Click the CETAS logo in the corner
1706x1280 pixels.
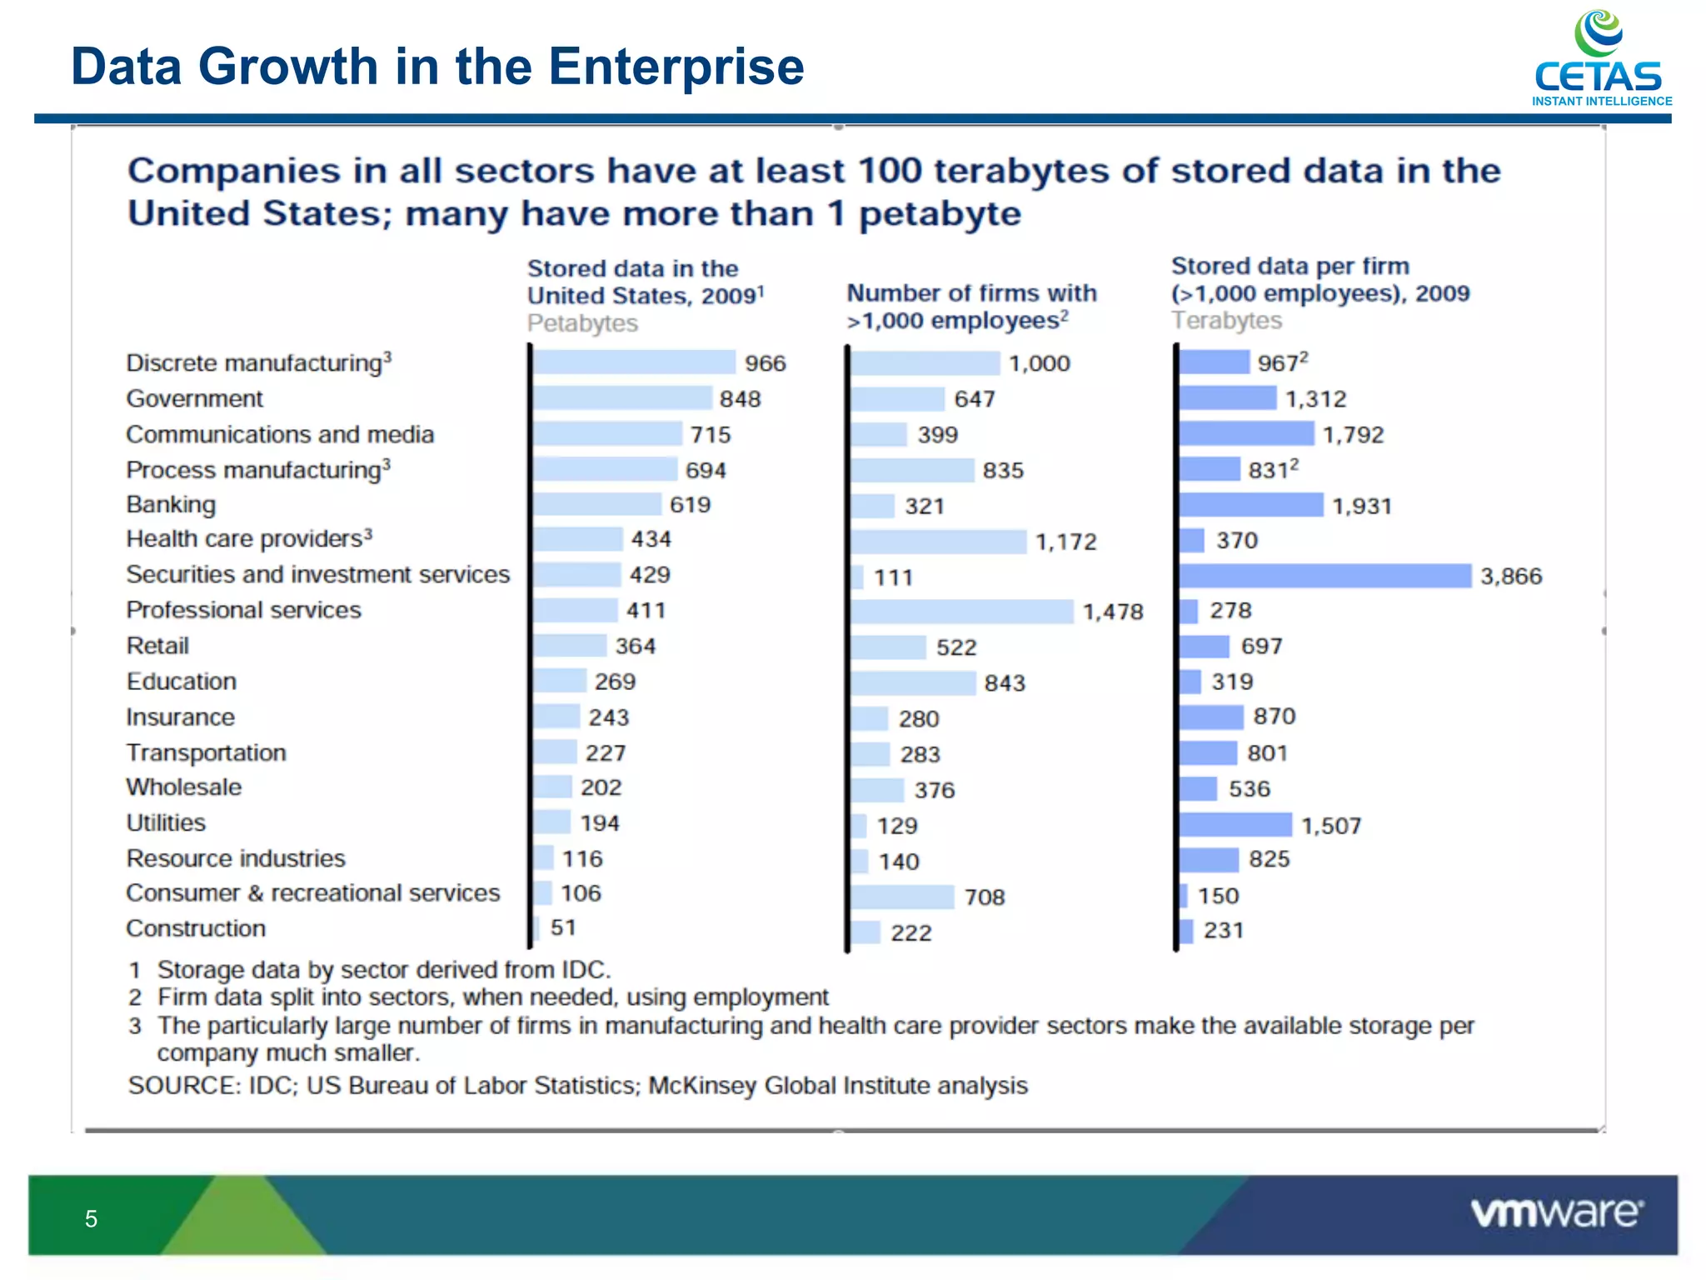pos(1600,58)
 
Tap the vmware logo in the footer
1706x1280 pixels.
pos(1556,1213)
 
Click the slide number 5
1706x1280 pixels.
pos(91,1219)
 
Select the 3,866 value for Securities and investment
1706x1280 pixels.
pos(1510,577)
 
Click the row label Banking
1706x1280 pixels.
pos(171,505)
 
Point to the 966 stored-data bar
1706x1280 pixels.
pos(635,362)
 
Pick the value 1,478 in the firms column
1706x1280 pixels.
pos(1112,612)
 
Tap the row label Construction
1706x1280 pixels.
pos(196,928)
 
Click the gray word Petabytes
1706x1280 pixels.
pos(582,323)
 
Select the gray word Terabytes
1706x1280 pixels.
pos(1226,321)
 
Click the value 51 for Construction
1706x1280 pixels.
pos(563,927)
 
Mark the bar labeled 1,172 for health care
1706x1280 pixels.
pos(939,542)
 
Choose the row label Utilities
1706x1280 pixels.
pos(166,823)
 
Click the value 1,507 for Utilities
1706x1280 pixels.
pos(1330,826)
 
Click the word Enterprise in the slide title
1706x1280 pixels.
pos(676,67)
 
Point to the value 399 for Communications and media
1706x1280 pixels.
pos(937,435)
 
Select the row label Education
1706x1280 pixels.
pos(182,682)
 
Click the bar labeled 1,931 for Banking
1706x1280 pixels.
pos(1250,505)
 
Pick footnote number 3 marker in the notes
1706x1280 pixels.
pos(135,1026)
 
